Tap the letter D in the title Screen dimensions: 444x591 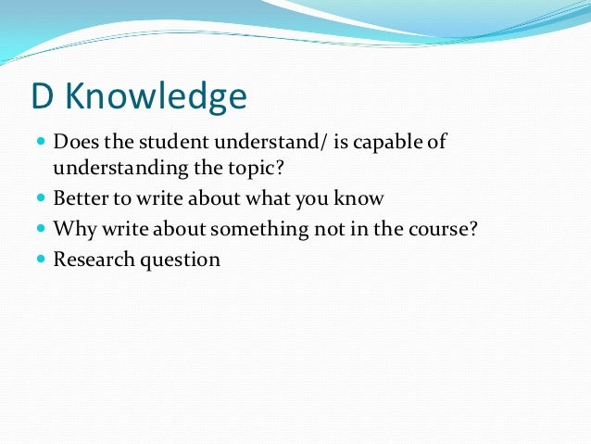click(44, 96)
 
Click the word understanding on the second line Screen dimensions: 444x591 click(109, 169)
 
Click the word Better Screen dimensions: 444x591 click(79, 198)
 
